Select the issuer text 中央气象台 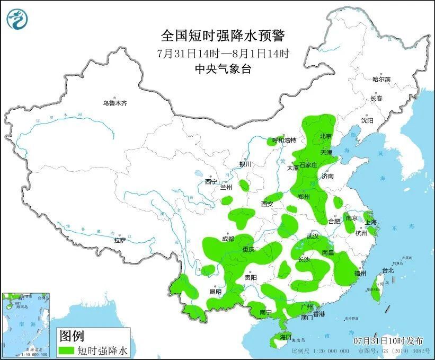point(223,68)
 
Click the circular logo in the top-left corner point(17,19)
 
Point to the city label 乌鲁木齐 point(115,103)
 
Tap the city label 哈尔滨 point(381,79)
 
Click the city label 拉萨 point(120,240)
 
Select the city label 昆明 point(215,292)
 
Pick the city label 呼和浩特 point(284,141)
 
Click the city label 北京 point(325,136)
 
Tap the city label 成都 point(228,239)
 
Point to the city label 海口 point(286,337)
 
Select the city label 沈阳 point(367,120)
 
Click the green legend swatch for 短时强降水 point(66,350)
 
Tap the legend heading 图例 point(72,336)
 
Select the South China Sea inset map point(26,324)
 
